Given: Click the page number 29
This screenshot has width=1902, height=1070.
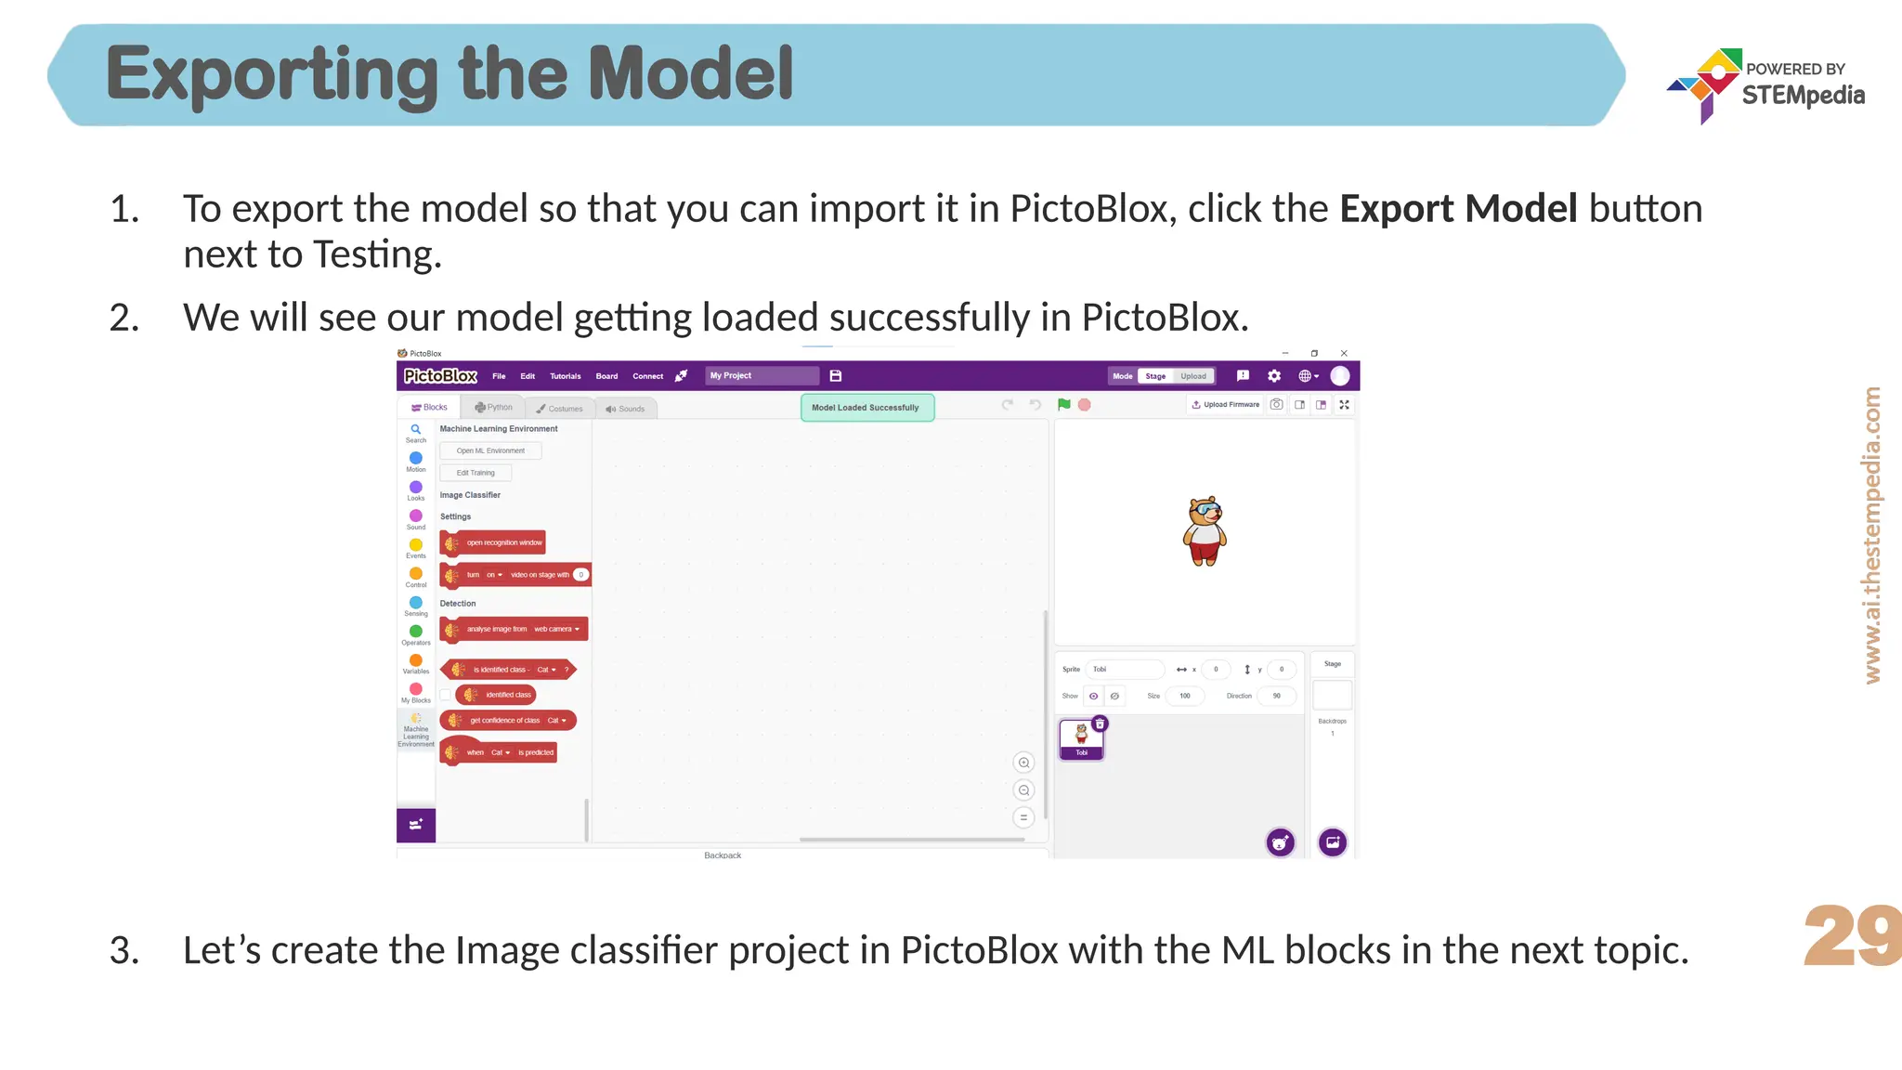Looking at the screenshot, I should (1851, 935).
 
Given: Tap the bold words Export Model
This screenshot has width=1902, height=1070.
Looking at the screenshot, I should (1458, 209).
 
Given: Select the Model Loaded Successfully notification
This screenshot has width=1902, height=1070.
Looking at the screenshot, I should (866, 408).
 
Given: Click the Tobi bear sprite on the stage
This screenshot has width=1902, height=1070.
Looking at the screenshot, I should (1205, 532).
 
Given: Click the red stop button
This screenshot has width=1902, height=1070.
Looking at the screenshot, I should (1085, 405).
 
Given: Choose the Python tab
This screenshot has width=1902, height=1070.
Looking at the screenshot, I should (494, 408).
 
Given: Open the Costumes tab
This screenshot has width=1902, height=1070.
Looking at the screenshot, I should (560, 409).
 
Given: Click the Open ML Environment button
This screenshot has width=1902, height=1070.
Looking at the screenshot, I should (490, 450).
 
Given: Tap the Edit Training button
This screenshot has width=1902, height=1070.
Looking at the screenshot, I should (475, 473).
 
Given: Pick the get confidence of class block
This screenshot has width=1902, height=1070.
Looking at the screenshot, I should (508, 721).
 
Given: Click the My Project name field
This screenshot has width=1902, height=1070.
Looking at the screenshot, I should (762, 376).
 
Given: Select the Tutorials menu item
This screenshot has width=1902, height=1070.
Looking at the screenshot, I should (565, 376).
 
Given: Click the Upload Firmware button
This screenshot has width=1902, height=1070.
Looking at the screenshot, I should (1226, 405).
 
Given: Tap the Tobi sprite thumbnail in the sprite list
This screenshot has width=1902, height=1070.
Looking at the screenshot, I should (1082, 739).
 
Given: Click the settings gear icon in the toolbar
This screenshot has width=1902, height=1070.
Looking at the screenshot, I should (1274, 376).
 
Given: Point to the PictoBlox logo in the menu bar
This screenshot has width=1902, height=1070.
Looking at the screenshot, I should (440, 376).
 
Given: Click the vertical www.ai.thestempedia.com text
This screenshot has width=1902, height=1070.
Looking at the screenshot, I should (1872, 535).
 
